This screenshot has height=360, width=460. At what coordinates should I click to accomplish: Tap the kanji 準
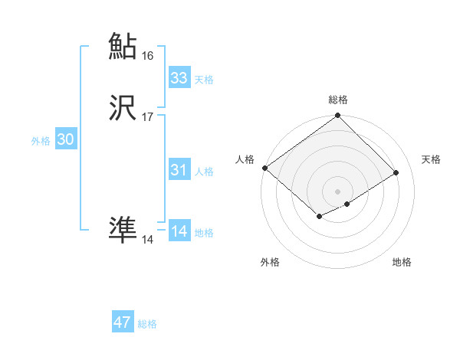[123, 231]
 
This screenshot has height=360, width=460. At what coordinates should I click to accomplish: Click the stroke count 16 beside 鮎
[148, 56]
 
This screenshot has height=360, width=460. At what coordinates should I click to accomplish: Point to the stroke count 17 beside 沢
[148, 117]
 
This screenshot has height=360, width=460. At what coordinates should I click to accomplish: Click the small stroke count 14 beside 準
[148, 240]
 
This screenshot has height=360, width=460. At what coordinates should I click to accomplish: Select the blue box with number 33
[179, 78]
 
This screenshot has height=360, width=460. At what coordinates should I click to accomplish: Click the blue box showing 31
[179, 170]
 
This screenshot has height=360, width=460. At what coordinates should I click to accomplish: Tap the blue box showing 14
[179, 231]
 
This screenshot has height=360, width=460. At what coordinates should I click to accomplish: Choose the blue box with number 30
[66, 139]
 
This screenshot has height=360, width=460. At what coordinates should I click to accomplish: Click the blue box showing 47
[123, 322]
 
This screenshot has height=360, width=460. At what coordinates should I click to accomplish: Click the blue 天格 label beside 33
[204, 80]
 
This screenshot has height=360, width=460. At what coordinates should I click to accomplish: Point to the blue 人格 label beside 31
[204, 172]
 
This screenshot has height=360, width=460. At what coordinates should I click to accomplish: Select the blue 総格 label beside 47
[147, 324]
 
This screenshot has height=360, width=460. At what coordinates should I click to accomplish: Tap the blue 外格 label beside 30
[41, 141]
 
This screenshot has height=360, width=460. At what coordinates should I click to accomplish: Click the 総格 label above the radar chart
[338, 100]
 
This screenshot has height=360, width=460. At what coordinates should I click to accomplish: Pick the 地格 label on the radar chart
[402, 263]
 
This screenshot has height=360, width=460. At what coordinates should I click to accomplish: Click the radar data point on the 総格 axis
[338, 117]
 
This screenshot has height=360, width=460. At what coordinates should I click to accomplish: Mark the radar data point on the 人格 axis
[264, 168]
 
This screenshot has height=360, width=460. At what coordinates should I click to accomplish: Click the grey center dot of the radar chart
[338, 191]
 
